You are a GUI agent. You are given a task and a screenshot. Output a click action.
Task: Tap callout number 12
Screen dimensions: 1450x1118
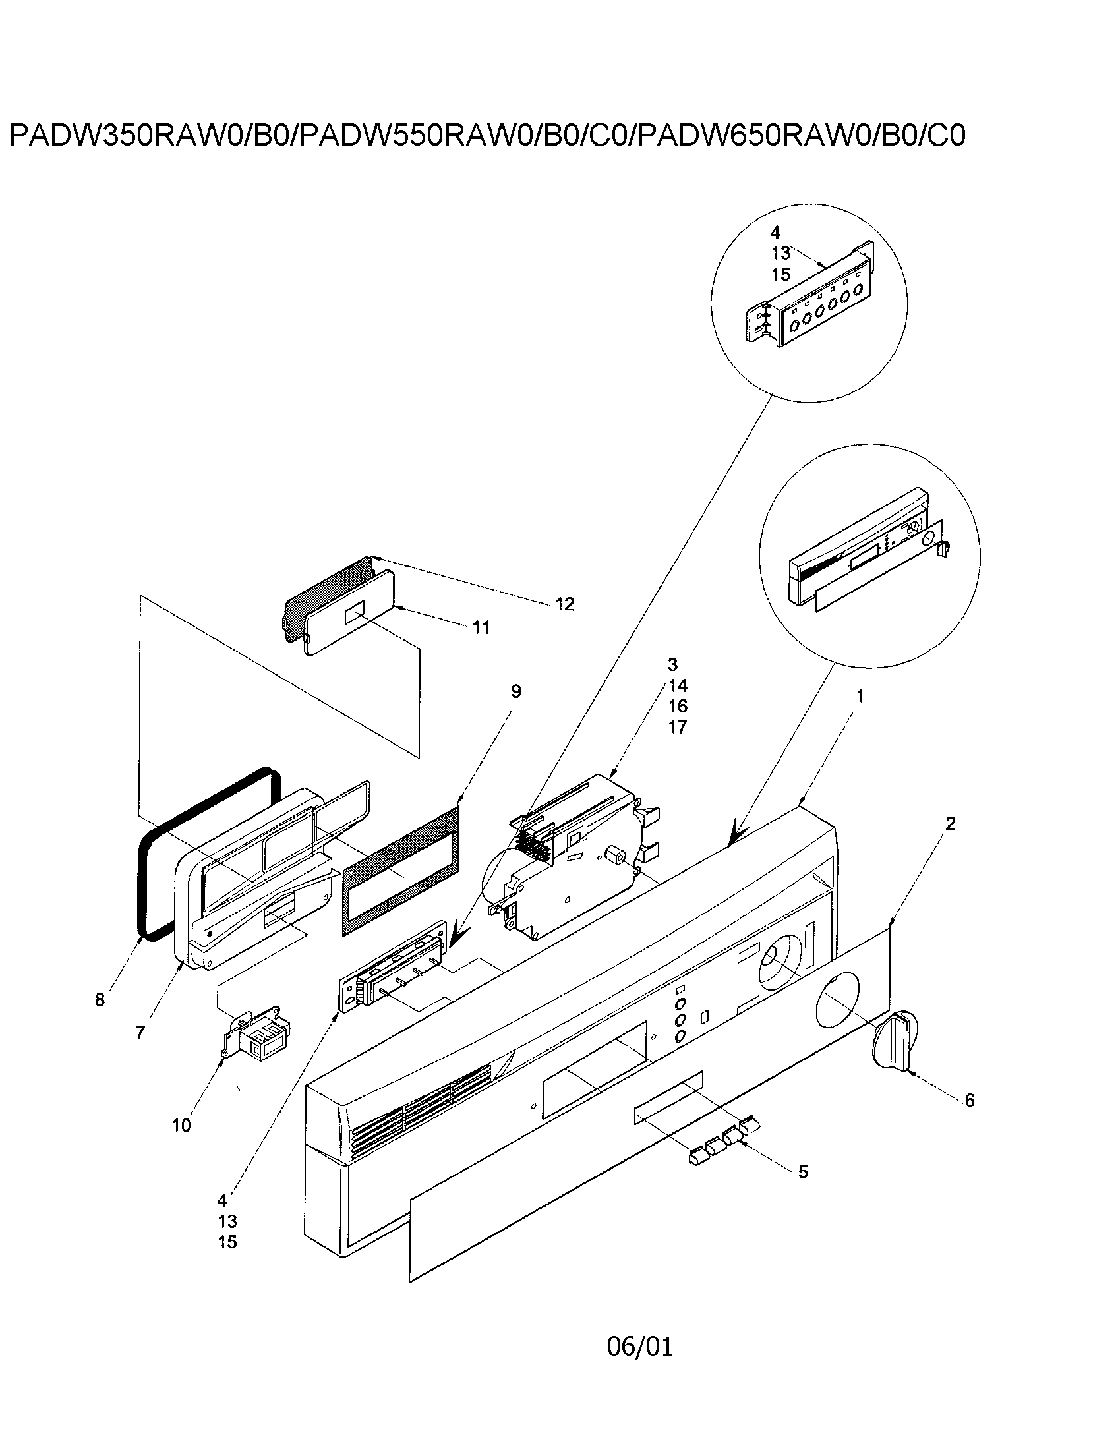[564, 604]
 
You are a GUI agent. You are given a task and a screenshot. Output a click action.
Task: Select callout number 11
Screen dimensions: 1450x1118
[481, 627]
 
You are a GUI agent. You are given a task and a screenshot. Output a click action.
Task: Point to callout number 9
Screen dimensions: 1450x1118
[516, 692]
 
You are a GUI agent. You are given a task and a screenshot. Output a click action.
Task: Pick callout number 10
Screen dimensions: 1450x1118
[181, 1125]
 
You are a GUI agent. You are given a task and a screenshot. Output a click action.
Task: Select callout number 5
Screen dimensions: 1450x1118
[803, 1191]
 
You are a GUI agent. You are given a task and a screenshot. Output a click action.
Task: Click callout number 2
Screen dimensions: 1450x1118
[950, 824]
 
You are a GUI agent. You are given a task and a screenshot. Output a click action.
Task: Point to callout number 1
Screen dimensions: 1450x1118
[860, 697]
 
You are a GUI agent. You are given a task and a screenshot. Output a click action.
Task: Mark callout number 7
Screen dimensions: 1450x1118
[140, 1032]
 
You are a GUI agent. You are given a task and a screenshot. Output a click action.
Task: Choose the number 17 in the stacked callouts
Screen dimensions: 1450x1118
[677, 727]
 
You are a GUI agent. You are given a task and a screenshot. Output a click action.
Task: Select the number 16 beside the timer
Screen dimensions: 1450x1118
[677, 707]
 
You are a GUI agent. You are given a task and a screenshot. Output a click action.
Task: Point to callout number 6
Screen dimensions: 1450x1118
[969, 1101]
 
